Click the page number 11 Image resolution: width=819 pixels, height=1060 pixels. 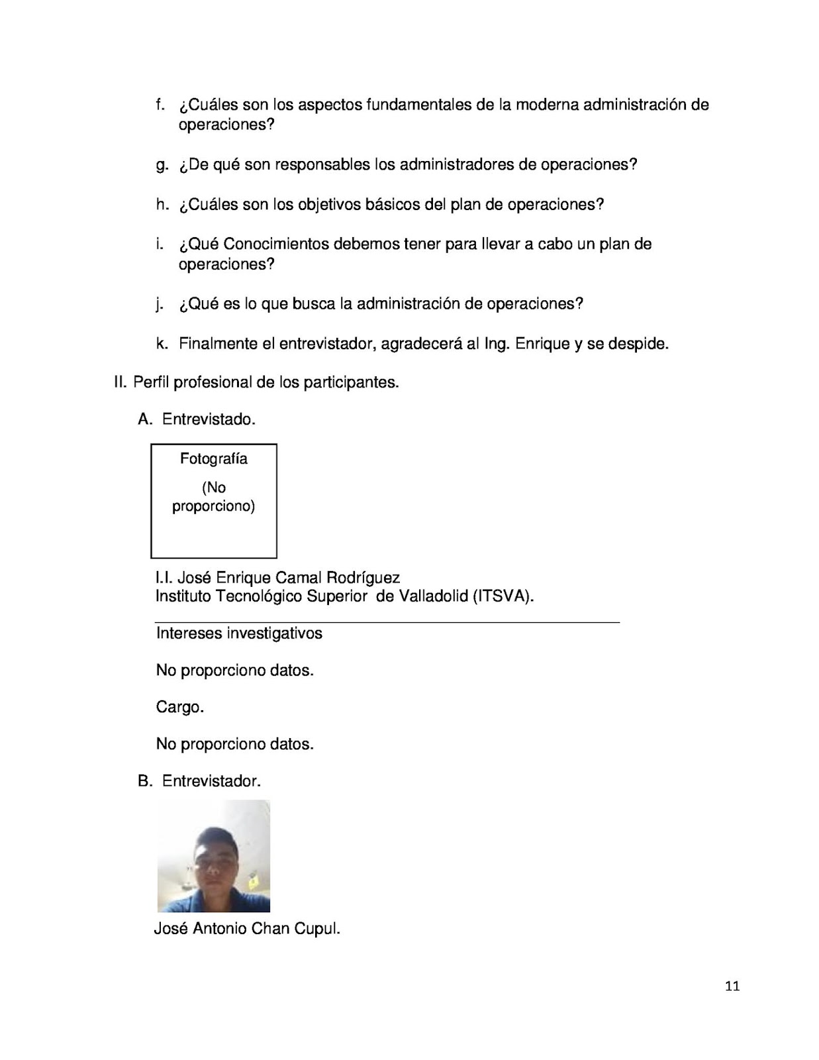tap(732, 986)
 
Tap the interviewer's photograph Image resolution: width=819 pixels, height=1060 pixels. tap(213, 856)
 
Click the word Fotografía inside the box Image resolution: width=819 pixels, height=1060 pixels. tap(213, 458)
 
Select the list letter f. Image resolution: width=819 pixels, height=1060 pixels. tap(160, 105)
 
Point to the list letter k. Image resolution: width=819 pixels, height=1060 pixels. tap(161, 344)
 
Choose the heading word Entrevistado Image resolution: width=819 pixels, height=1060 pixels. tap(209, 419)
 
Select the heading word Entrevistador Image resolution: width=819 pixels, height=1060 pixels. tap(211, 781)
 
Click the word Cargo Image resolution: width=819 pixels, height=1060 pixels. tap(179, 707)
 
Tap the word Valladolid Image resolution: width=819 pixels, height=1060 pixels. tap(433, 596)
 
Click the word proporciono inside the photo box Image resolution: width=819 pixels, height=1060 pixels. tap(213, 507)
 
